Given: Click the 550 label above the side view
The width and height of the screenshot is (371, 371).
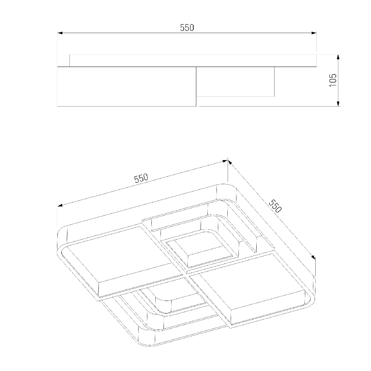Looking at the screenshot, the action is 187,28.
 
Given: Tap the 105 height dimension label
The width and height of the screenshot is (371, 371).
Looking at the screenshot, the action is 333,80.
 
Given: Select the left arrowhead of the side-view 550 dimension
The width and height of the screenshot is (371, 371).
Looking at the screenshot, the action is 60,33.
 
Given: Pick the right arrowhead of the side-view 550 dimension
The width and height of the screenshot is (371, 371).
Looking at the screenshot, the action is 314,33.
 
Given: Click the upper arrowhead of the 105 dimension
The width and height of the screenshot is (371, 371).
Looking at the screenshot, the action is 338,57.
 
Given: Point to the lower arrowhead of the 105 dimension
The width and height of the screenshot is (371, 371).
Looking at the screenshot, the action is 338,104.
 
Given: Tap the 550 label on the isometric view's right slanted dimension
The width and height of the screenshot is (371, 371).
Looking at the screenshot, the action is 276,206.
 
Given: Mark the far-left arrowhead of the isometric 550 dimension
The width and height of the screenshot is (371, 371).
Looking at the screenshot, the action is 60,205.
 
